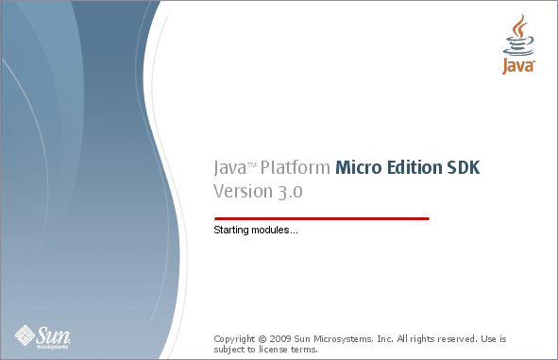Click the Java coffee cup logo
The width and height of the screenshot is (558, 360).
[x=518, y=44]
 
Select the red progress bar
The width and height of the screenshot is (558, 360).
[x=321, y=217]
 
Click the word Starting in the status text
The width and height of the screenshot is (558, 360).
[x=229, y=231]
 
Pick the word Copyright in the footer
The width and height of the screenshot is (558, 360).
[x=234, y=338]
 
